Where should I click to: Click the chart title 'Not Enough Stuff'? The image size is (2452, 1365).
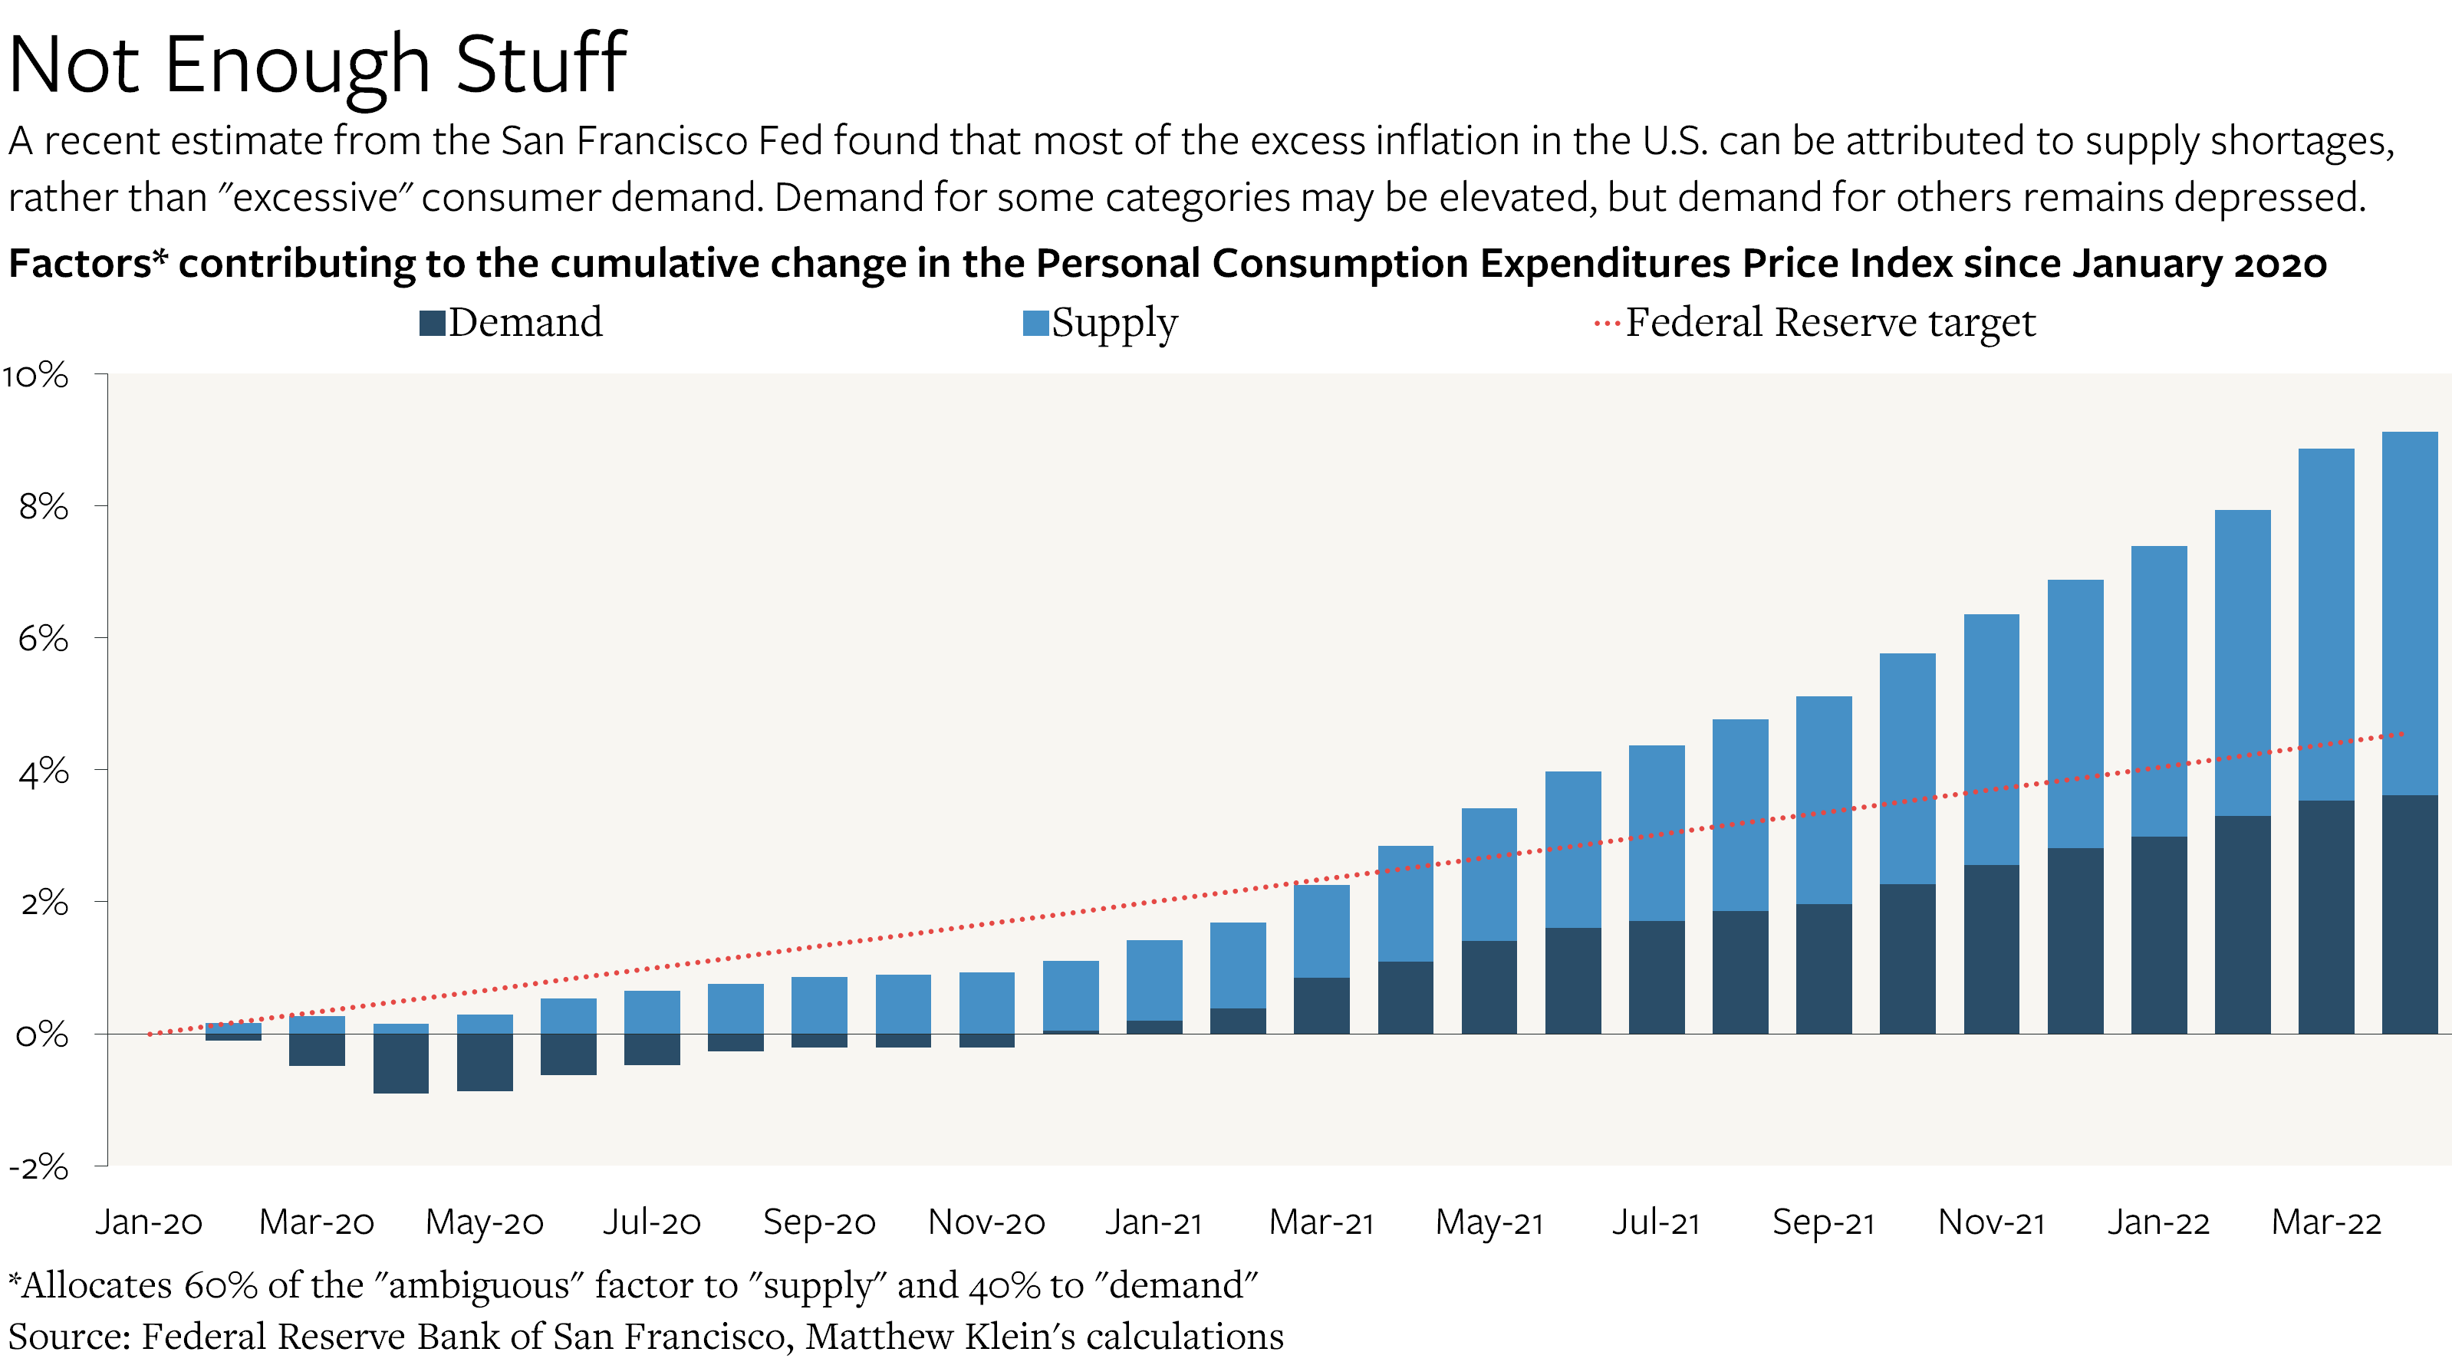tap(317, 64)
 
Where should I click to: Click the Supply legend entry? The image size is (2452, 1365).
tap(1101, 323)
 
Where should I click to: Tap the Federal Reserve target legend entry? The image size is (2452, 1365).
tap(1815, 323)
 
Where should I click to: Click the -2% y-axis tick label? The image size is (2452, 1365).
tap(38, 1166)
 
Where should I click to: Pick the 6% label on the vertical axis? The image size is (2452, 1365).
tap(43, 638)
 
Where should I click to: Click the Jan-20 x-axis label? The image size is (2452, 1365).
tap(150, 1222)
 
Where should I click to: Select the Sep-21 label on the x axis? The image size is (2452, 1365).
tap(1823, 1222)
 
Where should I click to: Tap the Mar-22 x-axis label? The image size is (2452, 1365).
tap(2325, 1222)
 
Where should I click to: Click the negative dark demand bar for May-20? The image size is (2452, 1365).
tap(485, 1061)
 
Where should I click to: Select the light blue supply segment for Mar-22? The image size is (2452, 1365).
tap(2325, 623)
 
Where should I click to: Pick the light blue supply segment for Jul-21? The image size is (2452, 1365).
tap(1656, 833)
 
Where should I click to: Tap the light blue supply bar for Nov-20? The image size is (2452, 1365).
tap(987, 1002)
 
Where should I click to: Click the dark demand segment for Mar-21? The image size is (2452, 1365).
tap(1321, 1005)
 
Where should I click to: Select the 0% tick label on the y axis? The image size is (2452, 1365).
tap(42, 1034)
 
